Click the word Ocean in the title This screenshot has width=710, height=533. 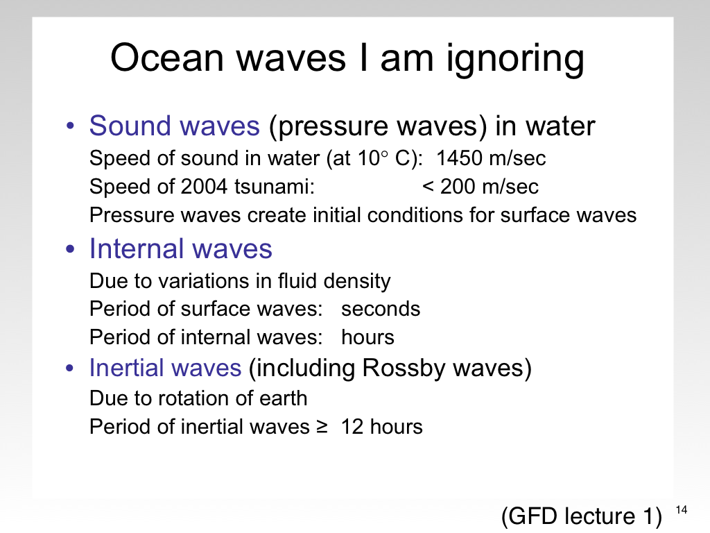[167, 58]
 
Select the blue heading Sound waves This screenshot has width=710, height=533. [174, 126]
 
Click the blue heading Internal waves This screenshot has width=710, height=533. [181, 249]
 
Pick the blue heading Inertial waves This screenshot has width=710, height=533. [165, 368]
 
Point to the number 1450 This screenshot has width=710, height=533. [459, 158]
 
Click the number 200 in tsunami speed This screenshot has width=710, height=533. [458, 187]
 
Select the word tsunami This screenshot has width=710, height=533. [275, 187]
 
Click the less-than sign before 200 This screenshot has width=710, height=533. [428, 187]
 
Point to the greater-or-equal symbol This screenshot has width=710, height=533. [322, 427]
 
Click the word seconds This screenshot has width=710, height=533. [381, 309]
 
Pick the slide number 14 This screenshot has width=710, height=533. [681, 510]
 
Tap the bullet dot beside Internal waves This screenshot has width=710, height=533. [70, 249]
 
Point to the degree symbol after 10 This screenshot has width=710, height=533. [384, 154]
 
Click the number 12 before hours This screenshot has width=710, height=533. [352, 427]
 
